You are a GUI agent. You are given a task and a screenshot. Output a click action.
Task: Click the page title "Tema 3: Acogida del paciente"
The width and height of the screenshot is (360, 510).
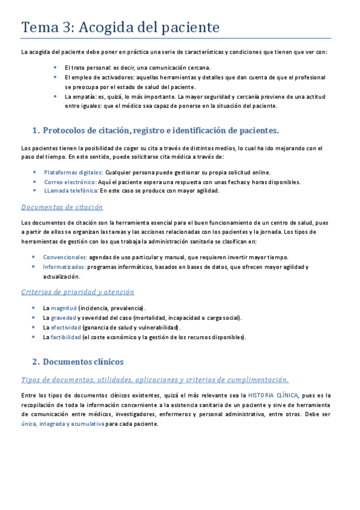pyautogui.click(x=120, y=28)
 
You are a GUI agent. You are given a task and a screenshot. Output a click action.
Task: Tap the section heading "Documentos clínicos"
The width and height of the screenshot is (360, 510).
pyautogui.click(x=84, y=361)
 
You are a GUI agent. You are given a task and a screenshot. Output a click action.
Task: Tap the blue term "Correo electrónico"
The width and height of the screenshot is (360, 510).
pyautogui.click(x=70, y=182)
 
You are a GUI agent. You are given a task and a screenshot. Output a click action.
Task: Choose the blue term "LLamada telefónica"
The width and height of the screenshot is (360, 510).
pyautogui.click(x=71, y=191)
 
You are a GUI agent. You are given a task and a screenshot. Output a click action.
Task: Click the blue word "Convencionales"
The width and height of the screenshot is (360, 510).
pyautogui.click(x=65, y=257)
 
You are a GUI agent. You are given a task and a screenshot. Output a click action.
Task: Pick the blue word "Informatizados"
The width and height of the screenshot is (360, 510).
pyautogui.click(x=64, y=266)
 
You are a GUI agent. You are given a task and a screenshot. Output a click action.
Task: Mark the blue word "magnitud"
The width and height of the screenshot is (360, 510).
pyautogui.click(x=64, y=308)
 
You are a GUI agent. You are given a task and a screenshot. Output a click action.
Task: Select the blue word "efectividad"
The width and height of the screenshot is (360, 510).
pyautogui.click(x=66, y=327)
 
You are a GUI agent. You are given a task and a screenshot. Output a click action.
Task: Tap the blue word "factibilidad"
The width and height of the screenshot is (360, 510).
pyautogui.click(x=66, y=337)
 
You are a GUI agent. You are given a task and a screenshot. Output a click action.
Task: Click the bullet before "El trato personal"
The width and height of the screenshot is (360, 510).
pyautogui.click(x=55, y=67)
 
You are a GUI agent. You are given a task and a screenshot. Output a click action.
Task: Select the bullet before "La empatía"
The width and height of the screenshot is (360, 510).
pyautogui.click(x=55, y=96)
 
